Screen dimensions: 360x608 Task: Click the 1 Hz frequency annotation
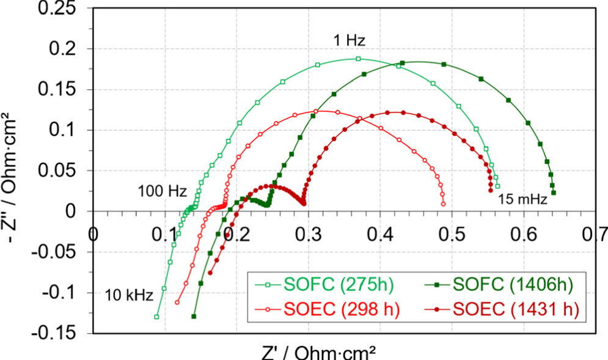coord(349,41)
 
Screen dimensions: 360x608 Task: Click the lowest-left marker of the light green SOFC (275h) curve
coord(156,317)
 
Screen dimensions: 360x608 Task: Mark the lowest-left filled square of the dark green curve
coord(194,316)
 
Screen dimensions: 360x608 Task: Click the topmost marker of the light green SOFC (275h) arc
coord(358,59)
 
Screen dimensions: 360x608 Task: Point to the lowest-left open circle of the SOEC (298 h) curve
coord(177,302)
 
